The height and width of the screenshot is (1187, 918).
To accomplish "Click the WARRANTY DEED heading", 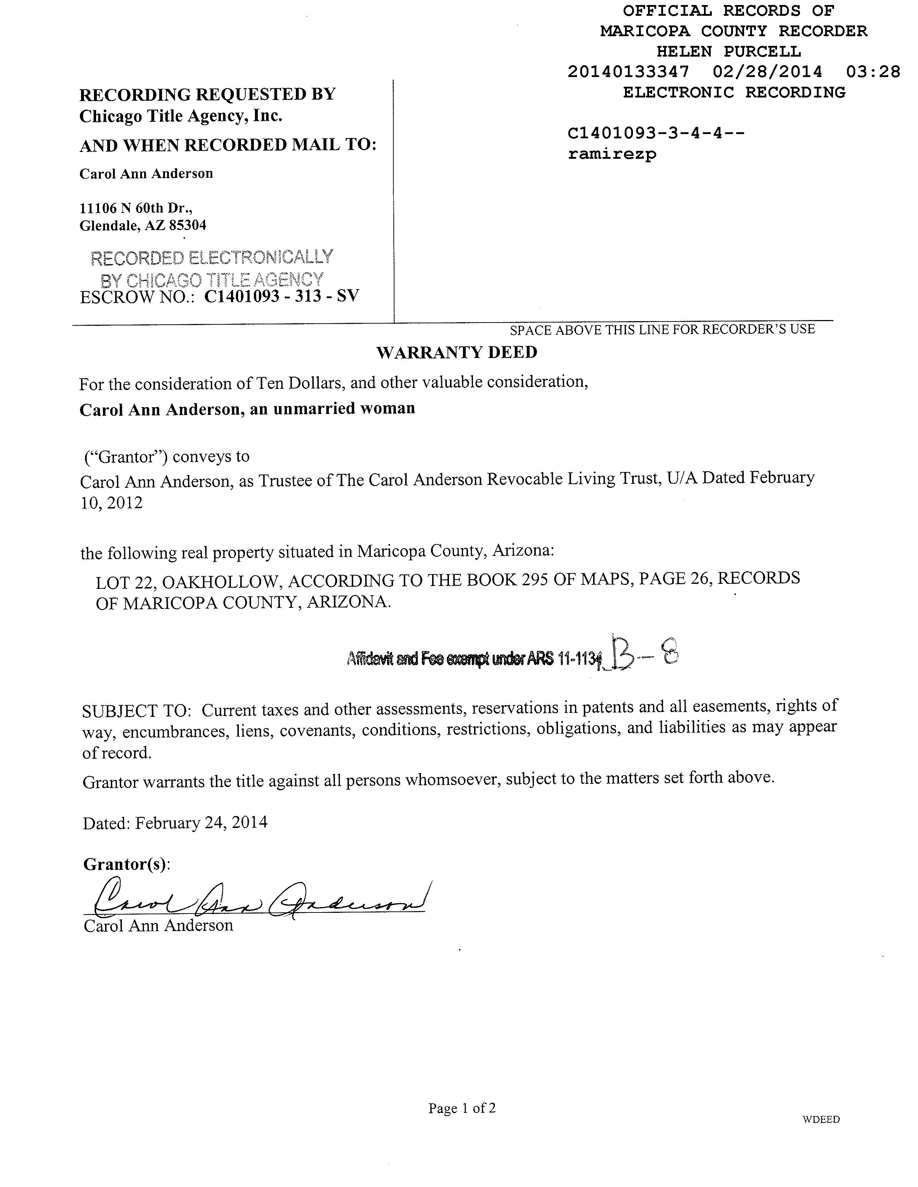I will [457, 352].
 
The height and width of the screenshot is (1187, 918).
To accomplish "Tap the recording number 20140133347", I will [628, 72].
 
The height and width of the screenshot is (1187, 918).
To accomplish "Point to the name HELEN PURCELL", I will [728, 52].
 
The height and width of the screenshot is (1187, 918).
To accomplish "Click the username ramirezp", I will [612, 154].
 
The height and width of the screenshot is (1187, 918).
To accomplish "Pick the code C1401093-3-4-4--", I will [655, 133].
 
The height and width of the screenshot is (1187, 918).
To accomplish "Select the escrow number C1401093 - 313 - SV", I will [281, 296].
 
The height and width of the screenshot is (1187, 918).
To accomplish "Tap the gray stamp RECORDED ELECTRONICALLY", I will [212, 258].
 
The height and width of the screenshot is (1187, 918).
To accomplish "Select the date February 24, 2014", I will [201, 822].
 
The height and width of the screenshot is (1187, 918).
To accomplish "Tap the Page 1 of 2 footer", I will [462, 1108].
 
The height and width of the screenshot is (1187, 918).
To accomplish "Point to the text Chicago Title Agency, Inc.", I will [181, 116].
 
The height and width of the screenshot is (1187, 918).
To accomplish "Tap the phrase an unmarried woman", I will [332, 408].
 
